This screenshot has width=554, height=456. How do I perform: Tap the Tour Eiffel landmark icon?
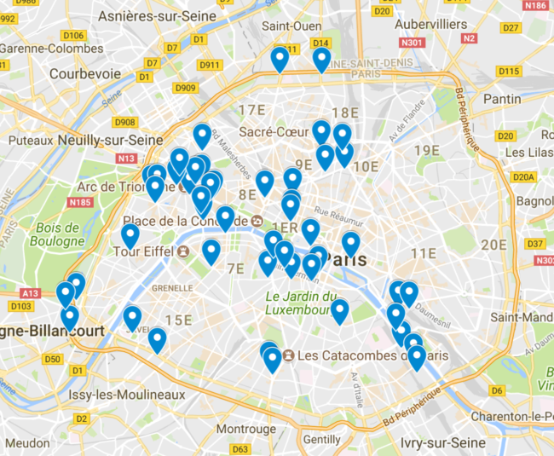click(x=183, y=251)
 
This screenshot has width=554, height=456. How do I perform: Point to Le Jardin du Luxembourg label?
click(x=297, y=303)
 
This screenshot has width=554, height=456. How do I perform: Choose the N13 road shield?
click(x=128, y=158)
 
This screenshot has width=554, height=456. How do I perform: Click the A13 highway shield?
click(x=30, y=293)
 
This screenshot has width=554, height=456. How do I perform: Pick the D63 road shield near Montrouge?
click(x=240, y=449)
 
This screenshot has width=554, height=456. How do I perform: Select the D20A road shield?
click(x=525, y=176)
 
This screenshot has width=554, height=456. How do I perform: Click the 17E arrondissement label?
click(x=252, y=110)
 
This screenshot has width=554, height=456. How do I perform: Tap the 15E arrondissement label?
click(x=179, y=320)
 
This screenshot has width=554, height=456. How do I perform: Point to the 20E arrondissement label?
click(x=493, y=245)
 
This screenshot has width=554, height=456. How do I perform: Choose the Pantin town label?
click(x=501, y=99)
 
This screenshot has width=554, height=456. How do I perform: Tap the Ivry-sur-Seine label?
click(x=441, y=443)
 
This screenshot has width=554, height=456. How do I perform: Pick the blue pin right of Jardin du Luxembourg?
click(x=339, y=310)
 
